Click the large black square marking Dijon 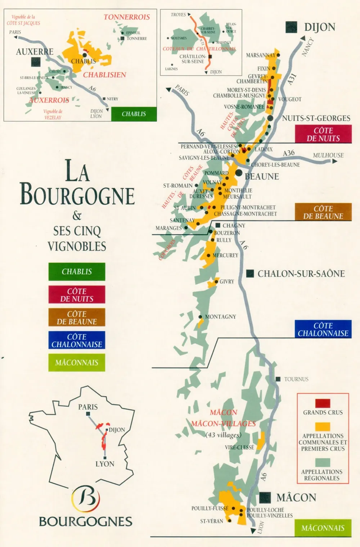point(291,27)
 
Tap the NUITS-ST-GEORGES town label point(316,118)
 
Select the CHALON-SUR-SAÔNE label point(301,273)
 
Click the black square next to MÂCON point(265,498)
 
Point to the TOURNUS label point(296,379)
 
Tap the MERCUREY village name point(225,255)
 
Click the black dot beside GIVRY point(217,281)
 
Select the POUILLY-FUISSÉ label point(210,508)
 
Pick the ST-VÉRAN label point(212,521)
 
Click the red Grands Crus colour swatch point(323,403)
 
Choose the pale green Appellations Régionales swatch point(323,462)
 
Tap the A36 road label point(289,153)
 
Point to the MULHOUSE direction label point(328,155)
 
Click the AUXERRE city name point(35,51)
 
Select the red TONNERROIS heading point(127,17)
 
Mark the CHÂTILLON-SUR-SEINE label point(193,59)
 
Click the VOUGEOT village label point(290,99)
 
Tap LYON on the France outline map point(105,464)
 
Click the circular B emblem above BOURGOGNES point(86,499)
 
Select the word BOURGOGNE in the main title point(77,194)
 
